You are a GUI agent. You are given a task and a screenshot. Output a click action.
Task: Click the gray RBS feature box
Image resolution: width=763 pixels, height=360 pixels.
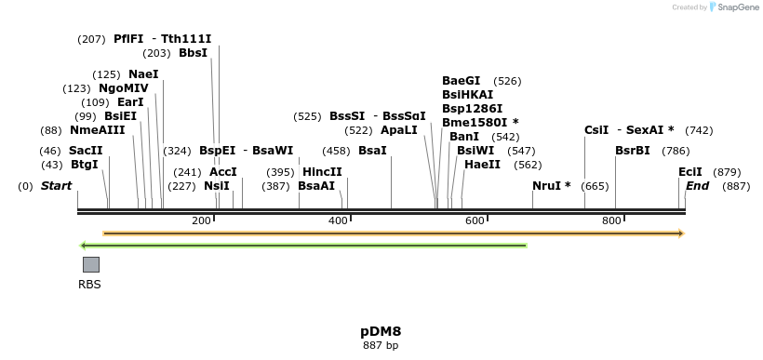[90, 264]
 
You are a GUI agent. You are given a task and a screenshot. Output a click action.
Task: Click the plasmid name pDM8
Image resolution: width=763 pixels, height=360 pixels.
[381, 331]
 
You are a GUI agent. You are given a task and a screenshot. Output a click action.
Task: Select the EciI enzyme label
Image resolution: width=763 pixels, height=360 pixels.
[690, 172]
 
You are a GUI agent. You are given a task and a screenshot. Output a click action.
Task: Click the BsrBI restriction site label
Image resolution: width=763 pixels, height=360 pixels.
[633, 151]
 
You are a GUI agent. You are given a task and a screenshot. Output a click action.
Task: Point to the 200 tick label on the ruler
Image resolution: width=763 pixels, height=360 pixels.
[201, 220]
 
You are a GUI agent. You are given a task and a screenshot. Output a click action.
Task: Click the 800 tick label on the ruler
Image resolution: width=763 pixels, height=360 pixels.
[611, 220]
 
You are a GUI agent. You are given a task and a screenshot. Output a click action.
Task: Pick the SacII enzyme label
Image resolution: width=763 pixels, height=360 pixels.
[85, 151]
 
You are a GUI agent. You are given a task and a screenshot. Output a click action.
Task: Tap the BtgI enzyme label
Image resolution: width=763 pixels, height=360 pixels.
[84, 165]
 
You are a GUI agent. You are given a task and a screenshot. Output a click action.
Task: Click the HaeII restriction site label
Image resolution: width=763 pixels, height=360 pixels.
[482, 165]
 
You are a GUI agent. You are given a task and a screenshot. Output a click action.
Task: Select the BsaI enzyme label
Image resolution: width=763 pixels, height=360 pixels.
[372, 151]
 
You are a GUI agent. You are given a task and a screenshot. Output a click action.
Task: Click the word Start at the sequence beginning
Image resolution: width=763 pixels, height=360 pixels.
[56, 186]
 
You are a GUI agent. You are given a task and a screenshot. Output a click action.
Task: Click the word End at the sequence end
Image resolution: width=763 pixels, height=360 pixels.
[697, 186]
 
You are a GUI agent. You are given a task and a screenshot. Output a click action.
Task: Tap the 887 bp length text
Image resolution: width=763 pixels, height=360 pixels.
[381, 345]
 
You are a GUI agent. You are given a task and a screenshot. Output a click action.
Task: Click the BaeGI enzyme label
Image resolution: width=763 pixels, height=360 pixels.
[462, 81]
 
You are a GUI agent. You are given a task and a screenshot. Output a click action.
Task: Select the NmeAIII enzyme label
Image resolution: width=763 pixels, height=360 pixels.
[97, 130]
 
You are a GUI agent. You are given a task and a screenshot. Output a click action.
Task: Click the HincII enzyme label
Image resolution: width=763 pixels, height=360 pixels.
[322, 172]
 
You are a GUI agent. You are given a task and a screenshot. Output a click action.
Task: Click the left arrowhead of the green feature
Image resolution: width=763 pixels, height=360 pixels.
[84, 246]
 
